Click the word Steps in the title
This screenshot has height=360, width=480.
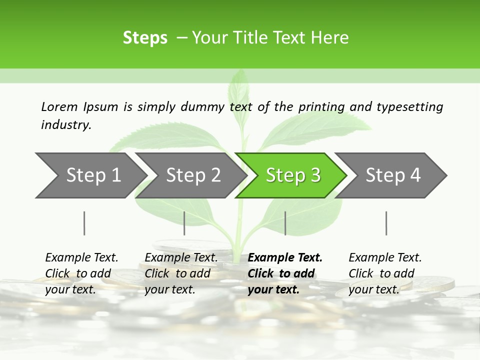(145, 38)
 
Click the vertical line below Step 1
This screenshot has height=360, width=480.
(84, 223)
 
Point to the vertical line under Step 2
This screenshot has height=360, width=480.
(184, 223)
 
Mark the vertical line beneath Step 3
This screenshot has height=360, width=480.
(285, 223)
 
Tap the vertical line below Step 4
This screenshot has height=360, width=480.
(386, 223)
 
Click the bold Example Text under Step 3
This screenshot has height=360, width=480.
(284, 273)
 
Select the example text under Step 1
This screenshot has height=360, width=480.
(81, 273)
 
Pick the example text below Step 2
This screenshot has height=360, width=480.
(181, 273)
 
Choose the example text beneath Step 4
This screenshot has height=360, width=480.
(385, 273)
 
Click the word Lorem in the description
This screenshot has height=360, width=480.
(59, 106)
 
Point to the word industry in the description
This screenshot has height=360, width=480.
(66, 125)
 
